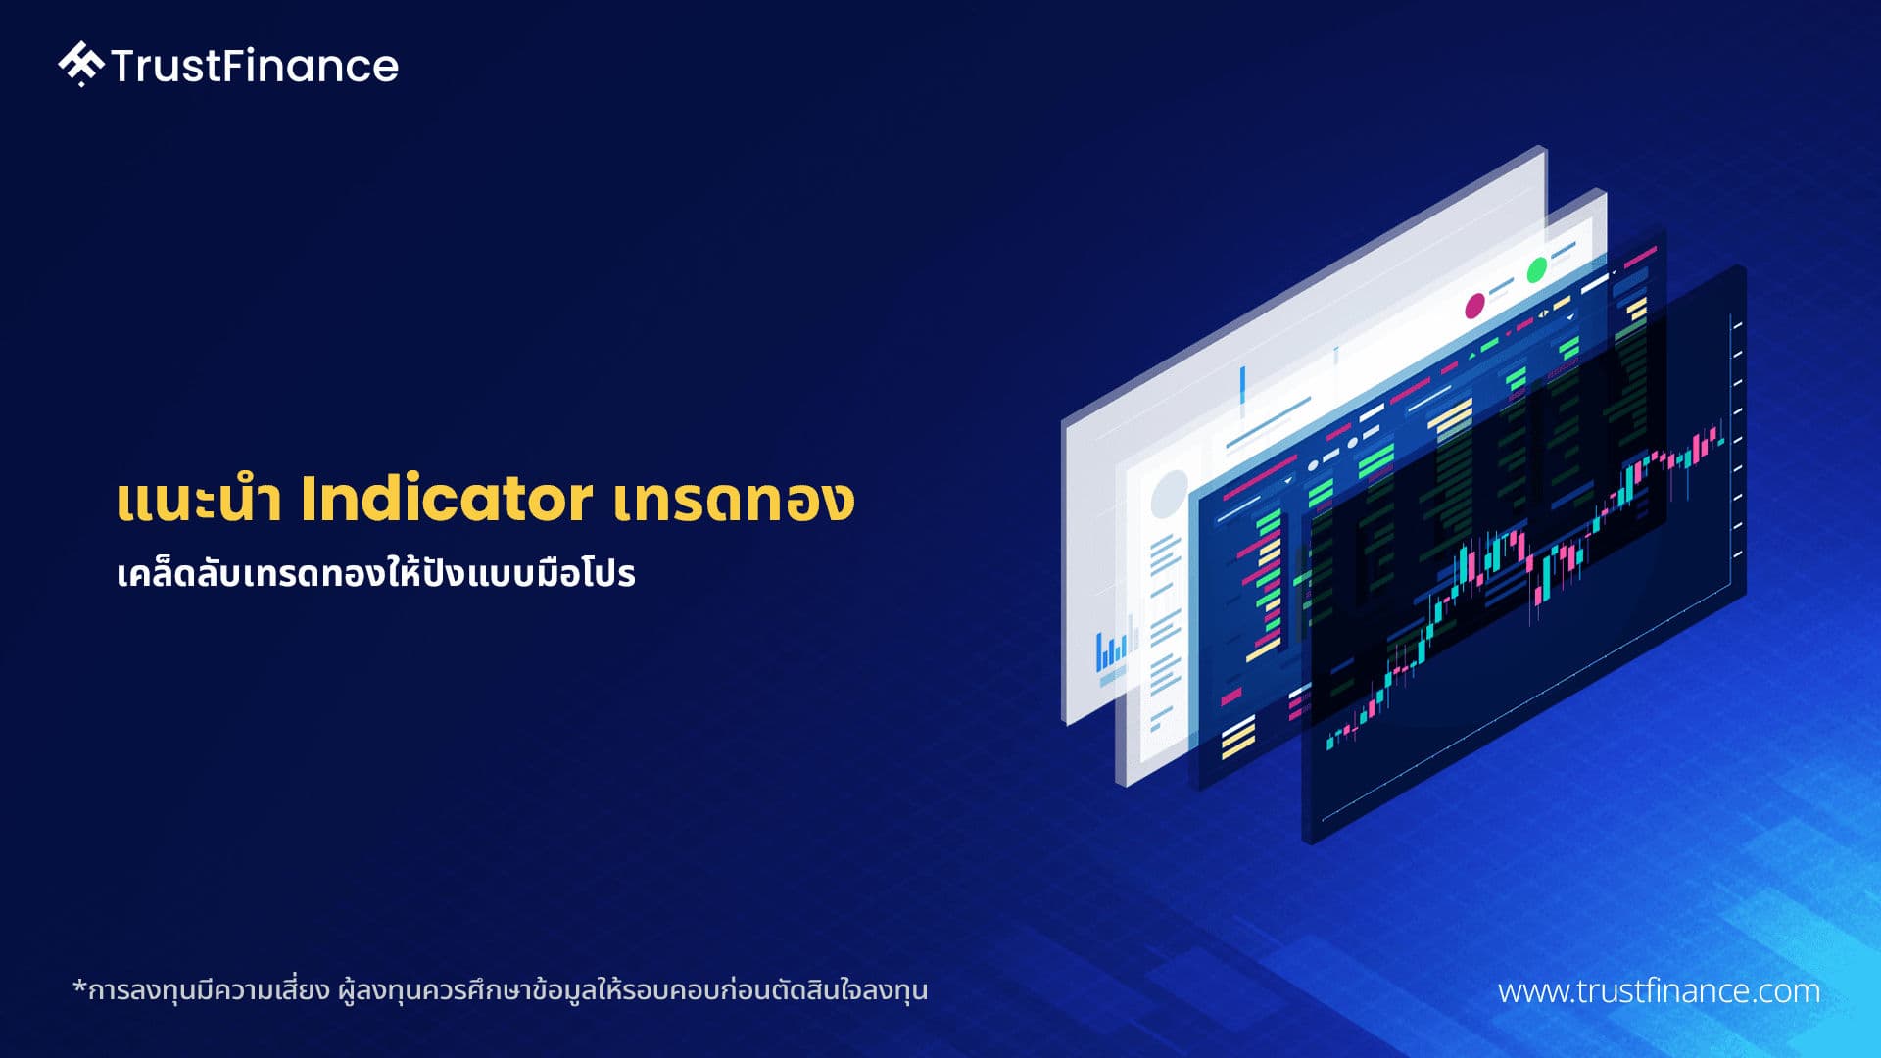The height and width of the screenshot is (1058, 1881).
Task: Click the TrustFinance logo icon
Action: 80,64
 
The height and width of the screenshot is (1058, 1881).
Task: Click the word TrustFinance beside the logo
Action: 255,66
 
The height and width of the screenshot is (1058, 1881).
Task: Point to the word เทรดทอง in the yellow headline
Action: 735,500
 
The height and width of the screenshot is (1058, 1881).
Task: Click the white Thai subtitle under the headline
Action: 376,573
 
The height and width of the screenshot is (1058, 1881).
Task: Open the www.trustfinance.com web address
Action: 1659,990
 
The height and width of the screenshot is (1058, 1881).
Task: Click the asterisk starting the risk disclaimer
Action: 79,986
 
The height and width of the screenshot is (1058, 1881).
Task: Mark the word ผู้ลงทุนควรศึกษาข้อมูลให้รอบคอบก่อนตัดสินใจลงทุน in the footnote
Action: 633,989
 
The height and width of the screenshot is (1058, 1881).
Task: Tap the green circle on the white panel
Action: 1536,267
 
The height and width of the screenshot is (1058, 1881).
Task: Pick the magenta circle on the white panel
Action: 1474,306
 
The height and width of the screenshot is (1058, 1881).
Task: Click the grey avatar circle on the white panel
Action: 1169,494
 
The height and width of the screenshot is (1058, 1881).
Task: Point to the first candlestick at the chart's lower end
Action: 1329,741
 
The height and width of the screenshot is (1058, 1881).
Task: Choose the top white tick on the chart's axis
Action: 1736,324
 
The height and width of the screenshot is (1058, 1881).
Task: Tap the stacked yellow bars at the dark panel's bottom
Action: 1238,737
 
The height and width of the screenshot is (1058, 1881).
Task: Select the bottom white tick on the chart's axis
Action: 1736,555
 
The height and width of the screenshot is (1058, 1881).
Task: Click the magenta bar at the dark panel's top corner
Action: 1640,257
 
